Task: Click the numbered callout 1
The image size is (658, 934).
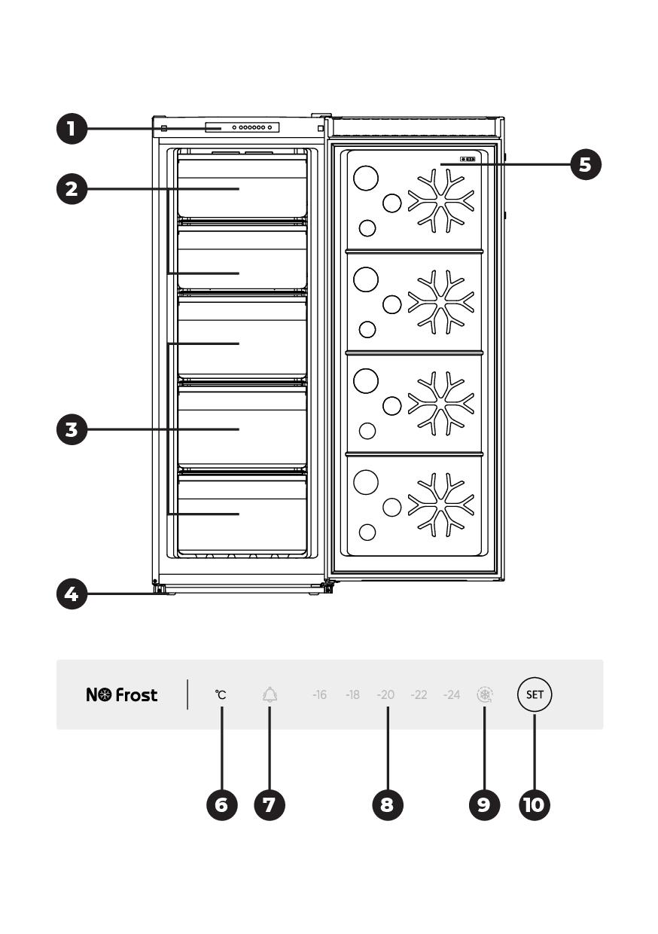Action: click(x=71, y=129)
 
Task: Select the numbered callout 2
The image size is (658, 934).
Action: click(x=71, y=188)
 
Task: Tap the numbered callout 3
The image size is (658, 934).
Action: click(x=71, y=429)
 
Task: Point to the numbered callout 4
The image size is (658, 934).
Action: click(x=71, y=594)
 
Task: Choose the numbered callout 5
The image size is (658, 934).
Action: click(x=586, y=163)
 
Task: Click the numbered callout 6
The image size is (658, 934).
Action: click(x=221, y=804)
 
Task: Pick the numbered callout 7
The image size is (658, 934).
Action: click(x=269, y=804)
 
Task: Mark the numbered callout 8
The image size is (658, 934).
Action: click(x=387, y=804)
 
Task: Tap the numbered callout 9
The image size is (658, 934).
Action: click(x=483, y=804)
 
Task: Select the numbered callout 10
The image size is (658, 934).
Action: click(x=534, y=804)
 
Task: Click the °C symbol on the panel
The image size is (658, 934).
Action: click(x=221, y=695)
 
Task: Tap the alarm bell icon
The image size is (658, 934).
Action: click(x=270, y=694)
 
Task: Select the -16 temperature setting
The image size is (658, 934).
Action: click(x=319, y=695)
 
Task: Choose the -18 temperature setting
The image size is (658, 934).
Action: click(x=352, y=695)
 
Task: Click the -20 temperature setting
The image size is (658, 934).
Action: click(x=385, y=695)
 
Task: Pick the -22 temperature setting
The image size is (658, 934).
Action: click(x=419, y=695)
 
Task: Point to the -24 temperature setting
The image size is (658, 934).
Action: click(x=452, y=695)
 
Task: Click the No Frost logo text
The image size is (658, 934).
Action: click(x=122, y=695)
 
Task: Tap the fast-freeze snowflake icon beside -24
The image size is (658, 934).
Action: click(x=484, y=694)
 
